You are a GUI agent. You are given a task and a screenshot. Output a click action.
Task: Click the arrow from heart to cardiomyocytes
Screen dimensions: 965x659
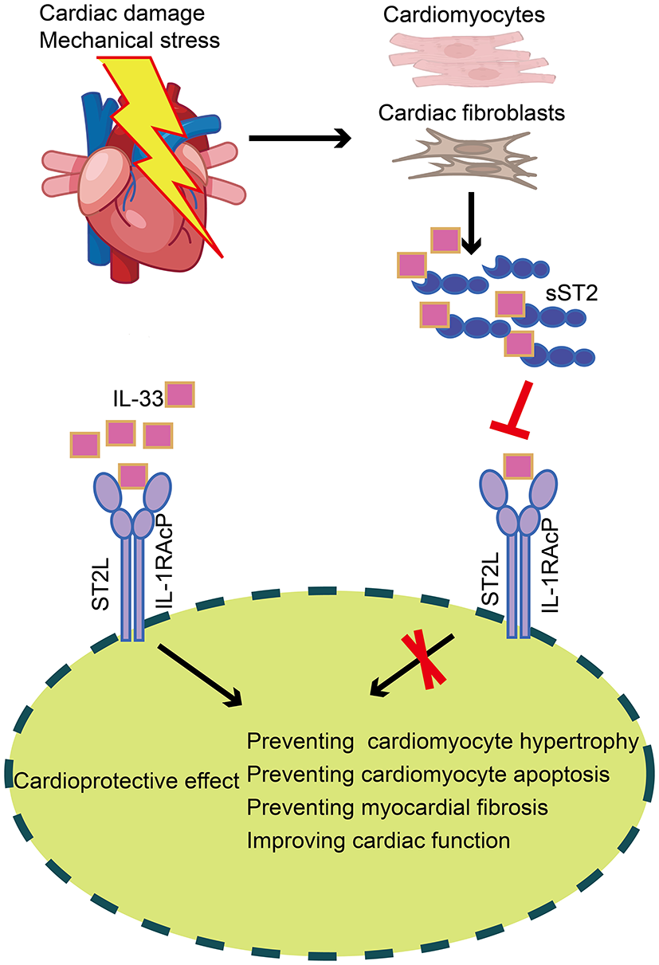pyautogui.click(x=300, y=139)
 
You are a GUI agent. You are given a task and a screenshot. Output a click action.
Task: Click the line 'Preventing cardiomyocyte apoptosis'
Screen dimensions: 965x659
pyautogui.click(x=418, y=775)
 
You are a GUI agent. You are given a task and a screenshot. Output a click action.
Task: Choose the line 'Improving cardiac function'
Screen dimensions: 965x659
pyautogui.click(x=378, y=840)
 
